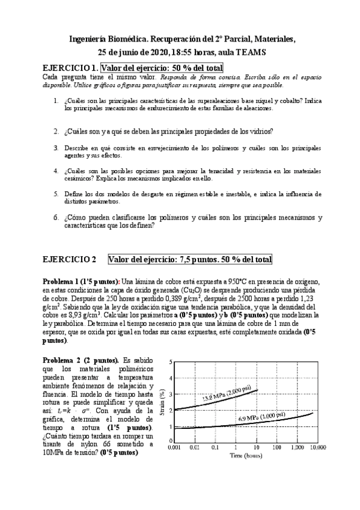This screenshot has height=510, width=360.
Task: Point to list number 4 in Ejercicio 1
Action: pos(56,171)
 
